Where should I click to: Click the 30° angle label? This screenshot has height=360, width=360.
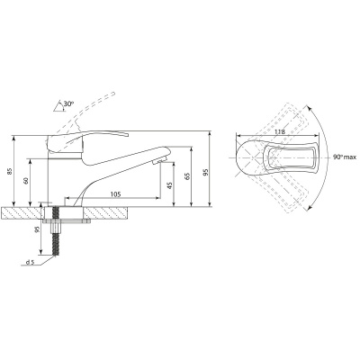pyautogui.click(x=68, y=103)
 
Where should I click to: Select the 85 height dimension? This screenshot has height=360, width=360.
pyautogui.click(x=9, y=171)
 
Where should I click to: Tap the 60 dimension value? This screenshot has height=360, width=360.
pyautogui.click(x=26, y=181)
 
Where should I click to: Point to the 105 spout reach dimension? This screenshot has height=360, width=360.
pyautogui.click(x=115, y=194)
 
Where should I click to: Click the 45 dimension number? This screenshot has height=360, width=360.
pyautogui.click(x=170, y=185)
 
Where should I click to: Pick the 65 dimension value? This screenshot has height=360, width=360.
pyautogui.click(x=188, y=176)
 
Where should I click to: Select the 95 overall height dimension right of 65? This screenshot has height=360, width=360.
pyautogui.click(x=206, y=172)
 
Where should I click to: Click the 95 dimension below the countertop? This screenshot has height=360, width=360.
pyautogui.click(x=37, y=229)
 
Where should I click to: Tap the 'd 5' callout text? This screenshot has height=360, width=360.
pyautogui.click(x=30, y=263)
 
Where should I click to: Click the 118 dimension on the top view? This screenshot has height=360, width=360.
pyautogui.click(x=279, y=131)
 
